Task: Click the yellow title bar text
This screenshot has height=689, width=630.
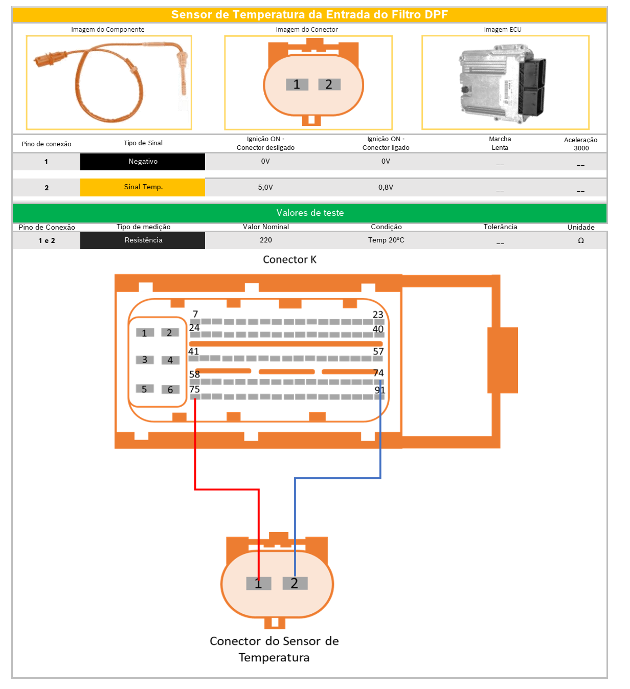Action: point(309,15)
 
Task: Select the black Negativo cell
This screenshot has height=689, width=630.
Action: point(143,162)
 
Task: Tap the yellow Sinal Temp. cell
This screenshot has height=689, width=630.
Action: point(143,187)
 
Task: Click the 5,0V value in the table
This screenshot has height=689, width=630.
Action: point(265,187)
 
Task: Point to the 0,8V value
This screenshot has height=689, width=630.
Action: point(386,187)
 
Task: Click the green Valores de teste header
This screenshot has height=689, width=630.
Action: point(310,213)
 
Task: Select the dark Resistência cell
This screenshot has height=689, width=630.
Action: point(143,240)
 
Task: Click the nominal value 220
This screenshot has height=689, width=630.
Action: point(266,240)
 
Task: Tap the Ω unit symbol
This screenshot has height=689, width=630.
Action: point(581,240)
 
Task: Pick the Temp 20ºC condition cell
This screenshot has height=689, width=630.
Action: point(386,240)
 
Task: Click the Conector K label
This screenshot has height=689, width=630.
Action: point(289,260)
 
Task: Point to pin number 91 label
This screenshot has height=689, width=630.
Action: point(379,390)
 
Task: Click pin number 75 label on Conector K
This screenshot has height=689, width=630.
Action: point(194,389)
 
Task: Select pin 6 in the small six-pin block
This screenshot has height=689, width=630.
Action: point(170,390)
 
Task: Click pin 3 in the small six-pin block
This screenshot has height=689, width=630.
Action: point(145,360)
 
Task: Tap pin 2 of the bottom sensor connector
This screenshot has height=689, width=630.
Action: point(295,583)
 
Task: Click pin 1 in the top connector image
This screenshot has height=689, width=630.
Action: point(297,84)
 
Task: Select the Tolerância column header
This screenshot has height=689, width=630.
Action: point(500,227)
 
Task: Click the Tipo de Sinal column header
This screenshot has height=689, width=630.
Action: point(143,143)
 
